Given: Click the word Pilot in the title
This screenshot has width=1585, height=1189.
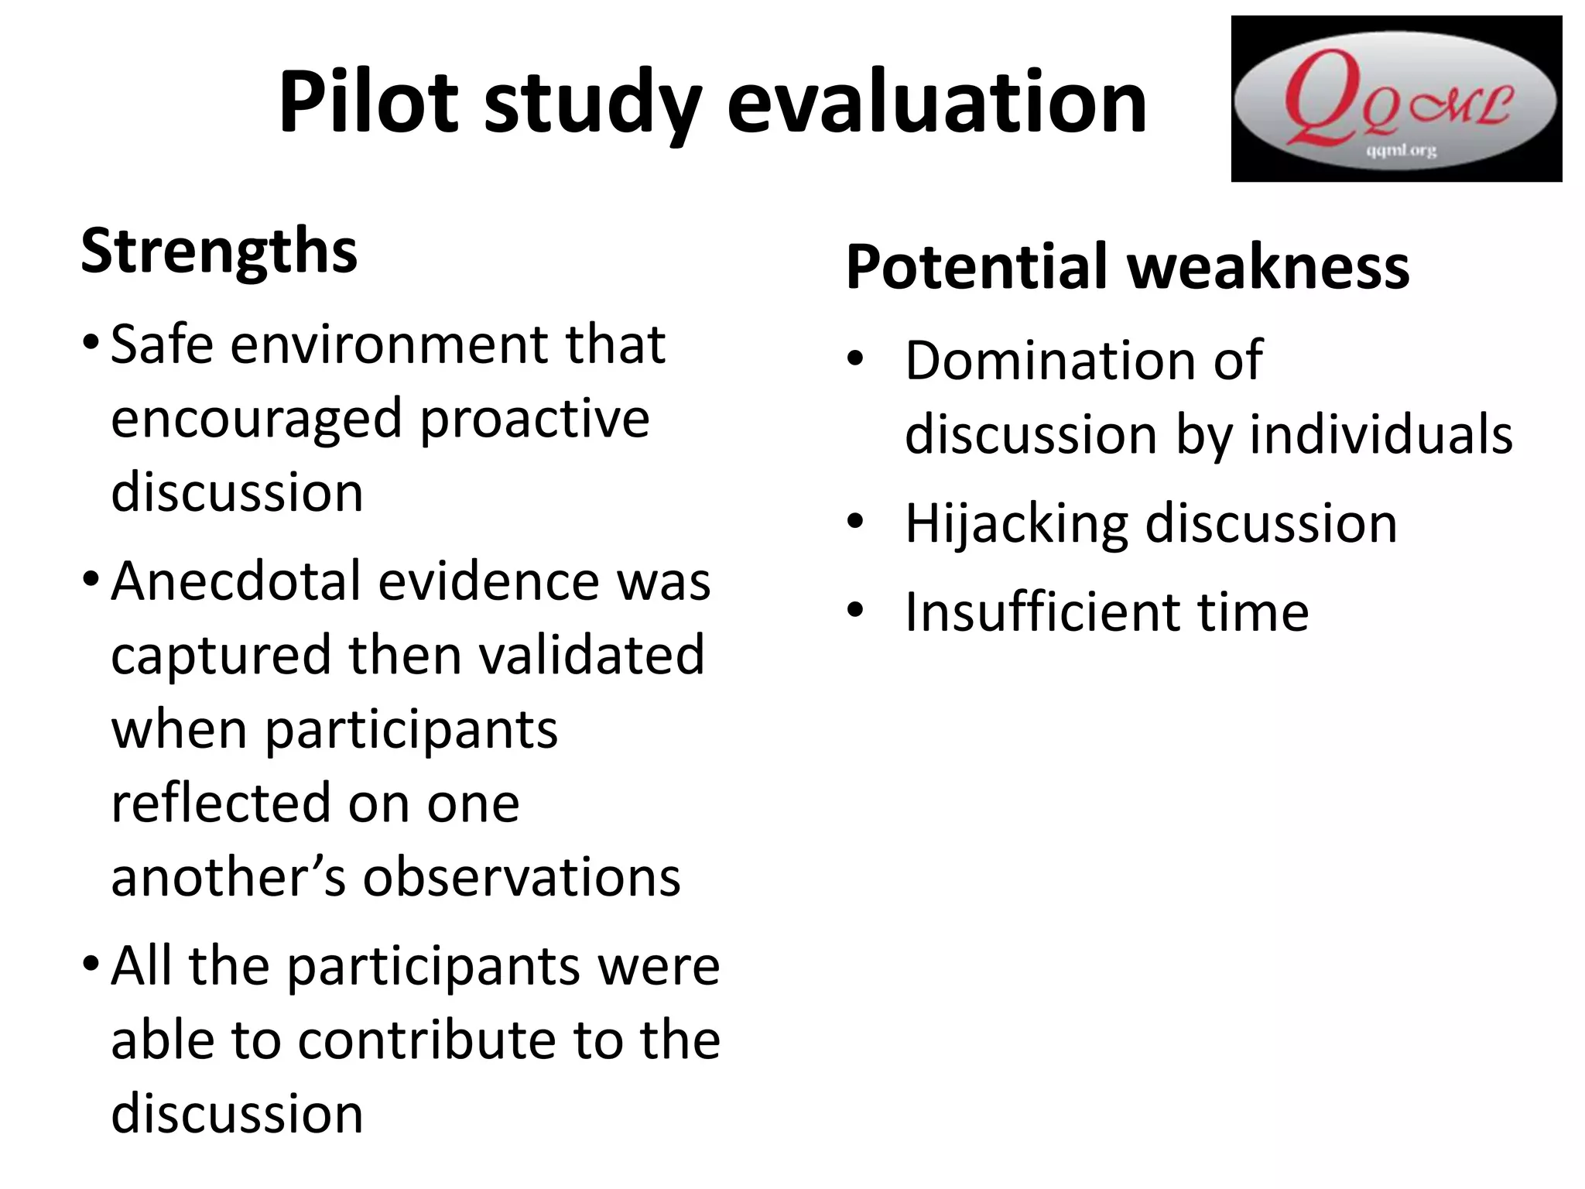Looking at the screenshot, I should tap(367, 102).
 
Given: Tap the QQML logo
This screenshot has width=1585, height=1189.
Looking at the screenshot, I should tap(1395, 99).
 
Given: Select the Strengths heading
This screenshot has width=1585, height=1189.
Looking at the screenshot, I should tap(219, 251).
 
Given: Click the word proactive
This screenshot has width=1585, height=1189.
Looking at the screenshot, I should tap(534, 419).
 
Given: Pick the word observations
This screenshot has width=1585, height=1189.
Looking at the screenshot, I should tap(522, 877).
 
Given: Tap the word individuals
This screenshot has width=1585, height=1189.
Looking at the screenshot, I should tap(1381, 434).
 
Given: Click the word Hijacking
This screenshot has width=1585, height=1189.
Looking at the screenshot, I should tap(1016, 524).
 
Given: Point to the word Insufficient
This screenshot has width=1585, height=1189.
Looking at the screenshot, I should tap(1042, 612).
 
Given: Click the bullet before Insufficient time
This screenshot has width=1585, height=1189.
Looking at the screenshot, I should tap(854, 612).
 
